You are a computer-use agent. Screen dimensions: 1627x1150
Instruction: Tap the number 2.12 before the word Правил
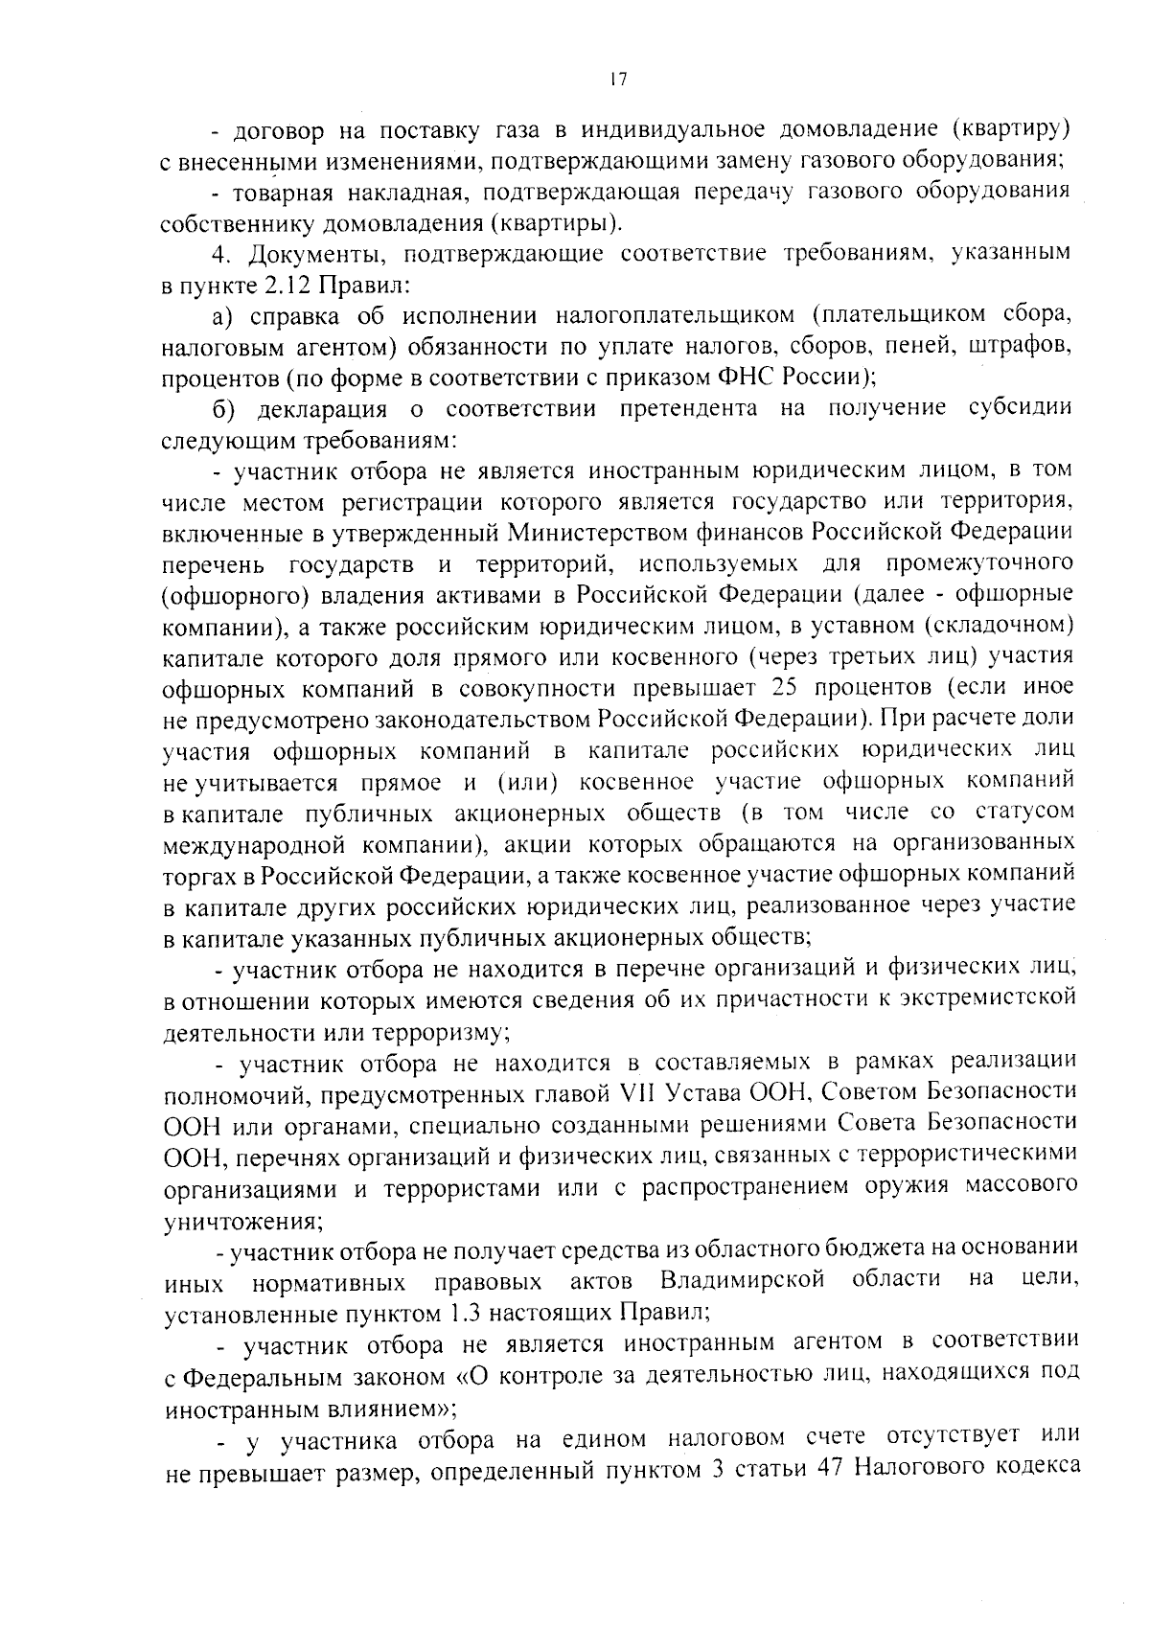tap(285, 286)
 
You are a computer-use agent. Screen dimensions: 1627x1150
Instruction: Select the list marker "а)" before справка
tap(227, 316)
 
